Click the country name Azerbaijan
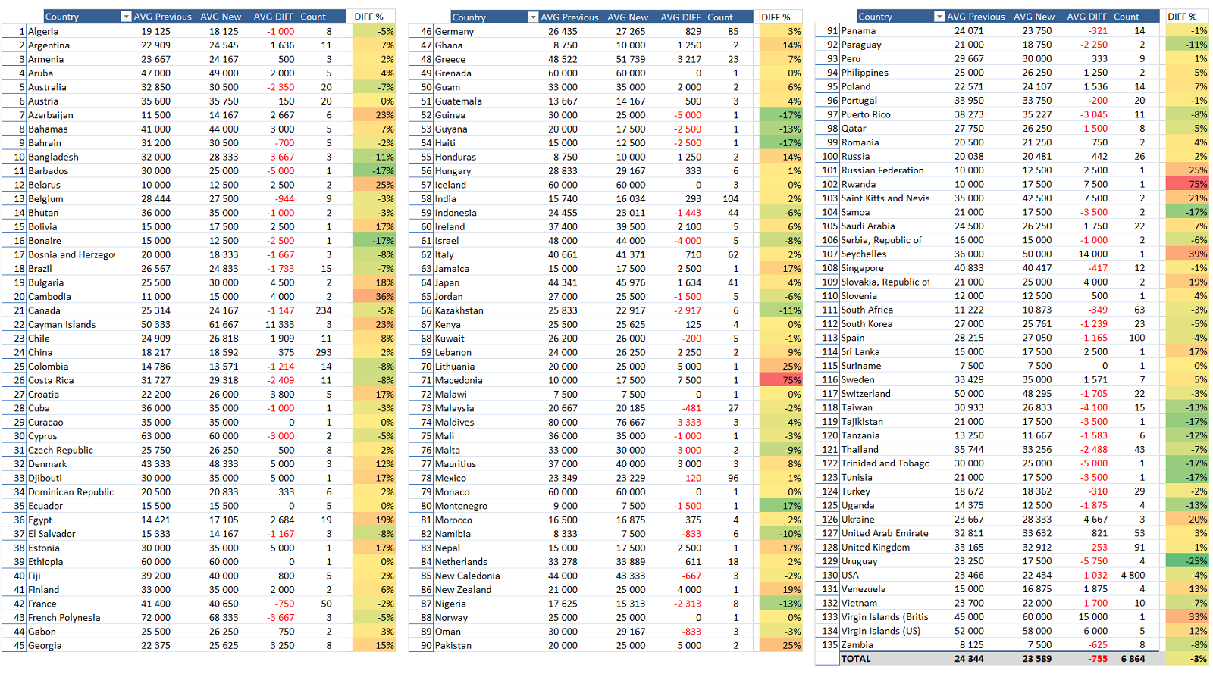pyautogui.click(x=50, y=115)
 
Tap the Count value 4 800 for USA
pyautogui.click(x=1133, y=576)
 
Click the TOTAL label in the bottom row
pyautogui.click(x=856, y=659)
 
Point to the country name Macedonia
pyautogui.click(x=459, y=380)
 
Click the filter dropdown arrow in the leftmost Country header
pyautogui.click(x=126, y=17)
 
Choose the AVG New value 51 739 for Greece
pyautogui.click(x=630, y=60)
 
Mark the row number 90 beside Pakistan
pyautogui.click(x=425, y=646)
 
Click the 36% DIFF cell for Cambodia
pyautogui.click(x=374, y=296)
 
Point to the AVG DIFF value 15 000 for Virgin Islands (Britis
pyautogui.click(x=1092, y=617)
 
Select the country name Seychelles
pyautogui.click(x=864, y=254)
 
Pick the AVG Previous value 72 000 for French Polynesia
pyautogui.click(x=155, y=618)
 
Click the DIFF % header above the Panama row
pyautogui.click(x=1182, y=17)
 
